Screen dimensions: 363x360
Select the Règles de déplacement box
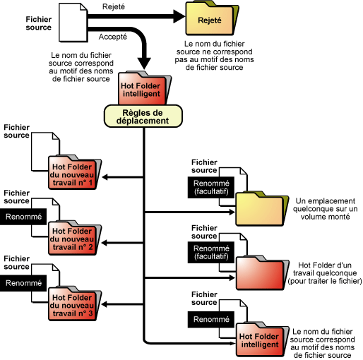click(143, 116)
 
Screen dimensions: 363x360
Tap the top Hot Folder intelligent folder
click(145, 88)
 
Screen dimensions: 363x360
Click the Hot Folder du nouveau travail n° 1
click(75, 172)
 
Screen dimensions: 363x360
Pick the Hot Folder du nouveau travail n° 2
click(75, 238)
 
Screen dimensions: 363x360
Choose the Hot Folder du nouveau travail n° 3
click(75, 304)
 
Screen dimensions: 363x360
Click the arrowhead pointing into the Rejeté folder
click(179, 16)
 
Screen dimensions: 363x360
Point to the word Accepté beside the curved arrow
click(113, 37)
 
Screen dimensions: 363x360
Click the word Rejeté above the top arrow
click(114, 6)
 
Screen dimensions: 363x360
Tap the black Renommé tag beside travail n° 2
click(23, 217)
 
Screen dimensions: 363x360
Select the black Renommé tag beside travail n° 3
click(23, 283)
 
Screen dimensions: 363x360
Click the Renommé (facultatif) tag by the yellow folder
click(211, 187)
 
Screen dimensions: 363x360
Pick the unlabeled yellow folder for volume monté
click(262, 209)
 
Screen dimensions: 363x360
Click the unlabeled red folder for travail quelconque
click(262, 272)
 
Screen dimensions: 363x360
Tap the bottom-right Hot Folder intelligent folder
click(262, 340)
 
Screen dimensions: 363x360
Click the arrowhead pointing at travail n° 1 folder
click(105, 177)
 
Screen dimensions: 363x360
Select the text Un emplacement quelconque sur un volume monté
click(325, 209)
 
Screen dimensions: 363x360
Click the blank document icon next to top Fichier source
click(73, 23)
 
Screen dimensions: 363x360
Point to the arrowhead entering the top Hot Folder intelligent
click(144, 64)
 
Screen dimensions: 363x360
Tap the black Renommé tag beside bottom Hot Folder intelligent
click(211, 319)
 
